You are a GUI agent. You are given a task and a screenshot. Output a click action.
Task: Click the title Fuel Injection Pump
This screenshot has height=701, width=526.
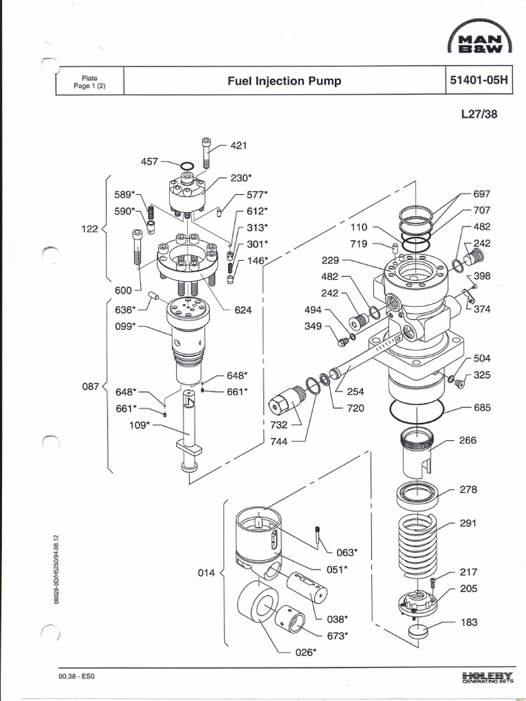[x=284, y=81]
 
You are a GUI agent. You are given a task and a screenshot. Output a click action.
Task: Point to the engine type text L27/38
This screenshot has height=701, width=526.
[x=479, y=114]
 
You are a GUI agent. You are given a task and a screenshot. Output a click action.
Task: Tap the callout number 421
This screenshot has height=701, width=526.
[x=238, y=145]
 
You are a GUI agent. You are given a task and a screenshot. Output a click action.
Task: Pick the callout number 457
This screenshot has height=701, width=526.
[x=149, y=162]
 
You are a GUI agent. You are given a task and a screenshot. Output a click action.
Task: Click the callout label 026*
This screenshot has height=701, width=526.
[x=305, y=652]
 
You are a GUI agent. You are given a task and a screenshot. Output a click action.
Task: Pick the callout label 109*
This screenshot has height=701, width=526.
[x=140, y=426]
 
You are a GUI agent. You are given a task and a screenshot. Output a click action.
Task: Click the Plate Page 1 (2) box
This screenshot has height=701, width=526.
[x=90, y=82]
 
